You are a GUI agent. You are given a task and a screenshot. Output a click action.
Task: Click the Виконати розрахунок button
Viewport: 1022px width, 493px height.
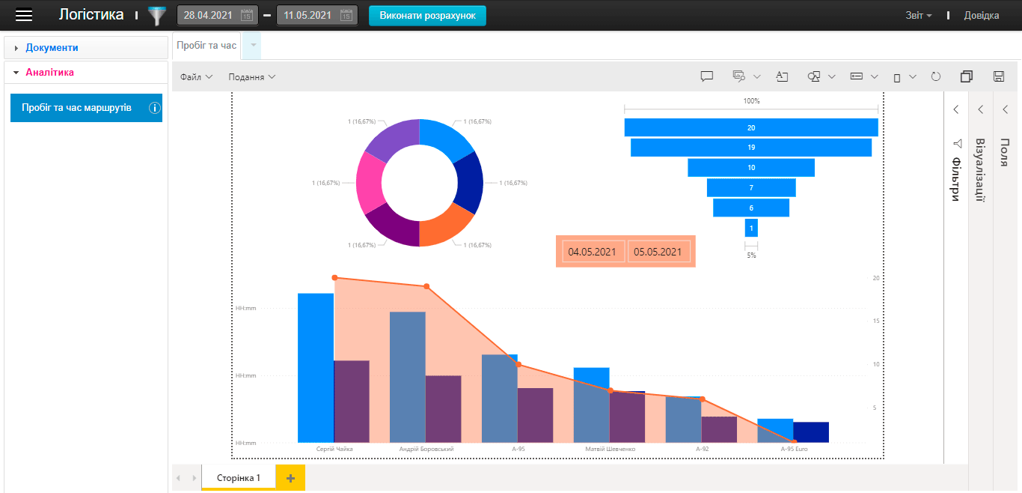pos(427,16)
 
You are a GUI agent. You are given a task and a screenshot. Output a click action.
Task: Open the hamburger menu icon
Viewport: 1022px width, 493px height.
pos(25,15)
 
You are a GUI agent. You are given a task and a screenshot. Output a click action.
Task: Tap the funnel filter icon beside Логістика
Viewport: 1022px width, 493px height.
pos(157,16)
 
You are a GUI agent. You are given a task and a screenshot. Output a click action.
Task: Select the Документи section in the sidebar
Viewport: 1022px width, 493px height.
pos(52,47)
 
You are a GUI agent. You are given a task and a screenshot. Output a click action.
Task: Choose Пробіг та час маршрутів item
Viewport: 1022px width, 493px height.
pos(77,108)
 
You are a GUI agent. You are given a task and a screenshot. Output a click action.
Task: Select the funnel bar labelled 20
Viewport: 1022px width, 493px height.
pos(751,128)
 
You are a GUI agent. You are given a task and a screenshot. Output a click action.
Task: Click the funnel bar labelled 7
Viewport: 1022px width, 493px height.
pos(751,188)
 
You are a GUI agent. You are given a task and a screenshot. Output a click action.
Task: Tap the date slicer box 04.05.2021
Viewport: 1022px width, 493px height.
pos(592,252)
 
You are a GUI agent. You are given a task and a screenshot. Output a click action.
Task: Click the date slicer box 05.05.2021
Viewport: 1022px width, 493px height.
pos(658,252)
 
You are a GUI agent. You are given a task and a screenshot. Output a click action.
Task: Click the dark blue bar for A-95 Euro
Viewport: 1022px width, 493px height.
pos(811,432)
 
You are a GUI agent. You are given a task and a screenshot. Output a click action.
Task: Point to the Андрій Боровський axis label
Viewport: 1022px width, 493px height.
pos(426,449)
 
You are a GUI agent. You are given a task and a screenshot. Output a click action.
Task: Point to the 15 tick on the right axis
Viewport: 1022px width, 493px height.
pos(876,321)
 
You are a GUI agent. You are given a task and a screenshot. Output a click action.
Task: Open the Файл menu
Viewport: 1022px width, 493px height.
pos(196,76)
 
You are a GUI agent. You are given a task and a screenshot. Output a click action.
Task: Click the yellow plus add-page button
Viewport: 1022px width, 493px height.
pos(290,477)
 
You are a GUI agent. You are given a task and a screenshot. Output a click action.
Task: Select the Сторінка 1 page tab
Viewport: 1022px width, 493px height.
pos(239,477)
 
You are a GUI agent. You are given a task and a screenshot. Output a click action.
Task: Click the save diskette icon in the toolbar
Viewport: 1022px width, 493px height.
pos(998,76)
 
